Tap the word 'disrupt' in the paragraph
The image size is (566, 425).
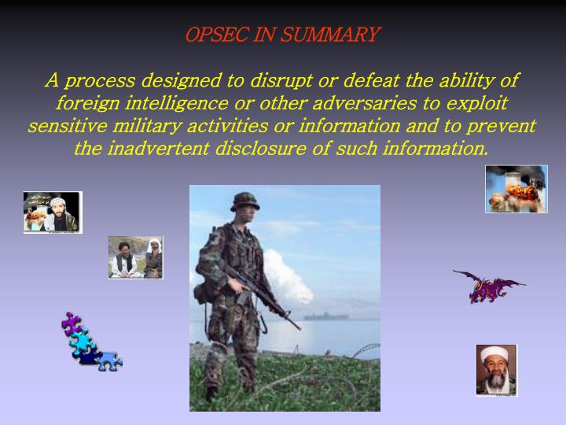(x=284, y=81)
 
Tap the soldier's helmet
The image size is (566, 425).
(x=244, y=201)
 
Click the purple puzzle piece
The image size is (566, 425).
(x=72, y=322)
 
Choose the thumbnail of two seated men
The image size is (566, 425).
(x=135, y=257)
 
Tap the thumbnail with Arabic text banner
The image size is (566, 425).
(x=52, y=212)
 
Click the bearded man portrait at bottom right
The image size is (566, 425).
(x=497, y=369)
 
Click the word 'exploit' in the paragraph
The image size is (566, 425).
(x=476, y=104)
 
